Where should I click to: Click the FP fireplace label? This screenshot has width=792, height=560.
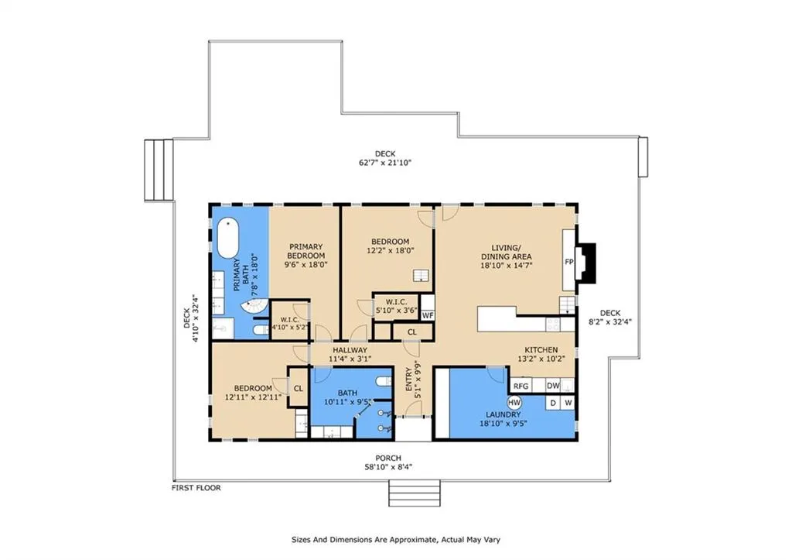click(x=568, y=262)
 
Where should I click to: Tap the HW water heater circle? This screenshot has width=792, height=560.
click(x=514, y=403)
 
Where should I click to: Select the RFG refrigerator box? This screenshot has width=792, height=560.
click(x=521, y=386)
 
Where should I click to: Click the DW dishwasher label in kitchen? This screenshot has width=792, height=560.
click(x=553, y=386)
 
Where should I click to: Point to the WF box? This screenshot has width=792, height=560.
click(x=427, y=316)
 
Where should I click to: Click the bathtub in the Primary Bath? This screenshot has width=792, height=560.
click(x=228, y=239)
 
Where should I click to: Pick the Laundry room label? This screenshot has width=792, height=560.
click(x=503, y=414)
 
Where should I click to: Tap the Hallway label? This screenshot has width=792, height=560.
click(x=350, y=350)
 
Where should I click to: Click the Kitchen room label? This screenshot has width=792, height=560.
click(x=541, y=350)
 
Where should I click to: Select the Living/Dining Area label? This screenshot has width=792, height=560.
click(x=506, y=252)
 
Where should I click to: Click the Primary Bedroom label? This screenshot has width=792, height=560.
click(x=306, y=252)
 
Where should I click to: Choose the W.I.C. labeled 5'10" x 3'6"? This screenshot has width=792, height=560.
click(x=397, y=307)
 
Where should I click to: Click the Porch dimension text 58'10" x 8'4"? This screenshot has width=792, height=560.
click(x=388, y=467)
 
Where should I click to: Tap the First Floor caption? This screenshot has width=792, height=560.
click(x=196, y=488)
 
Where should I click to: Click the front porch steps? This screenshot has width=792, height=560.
click(x=415, y=492)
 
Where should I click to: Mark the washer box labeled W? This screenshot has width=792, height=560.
click(x=568, y=404)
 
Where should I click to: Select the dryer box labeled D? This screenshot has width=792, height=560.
click(x=553, y=404)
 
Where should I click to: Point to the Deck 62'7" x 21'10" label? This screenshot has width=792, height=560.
click(x=385, y=158)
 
